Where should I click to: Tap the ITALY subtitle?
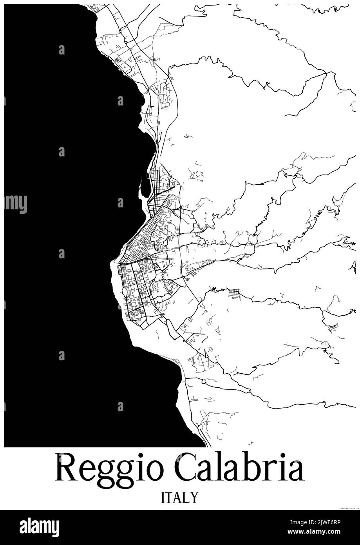coord(179,497)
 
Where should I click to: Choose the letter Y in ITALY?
coord(193,497)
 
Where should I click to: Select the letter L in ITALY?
coord(186,497)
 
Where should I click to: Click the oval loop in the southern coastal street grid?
coord(125,291)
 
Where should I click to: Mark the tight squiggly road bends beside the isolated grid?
coord(217,291)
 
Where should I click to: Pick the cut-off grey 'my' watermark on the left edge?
coord(16,203)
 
